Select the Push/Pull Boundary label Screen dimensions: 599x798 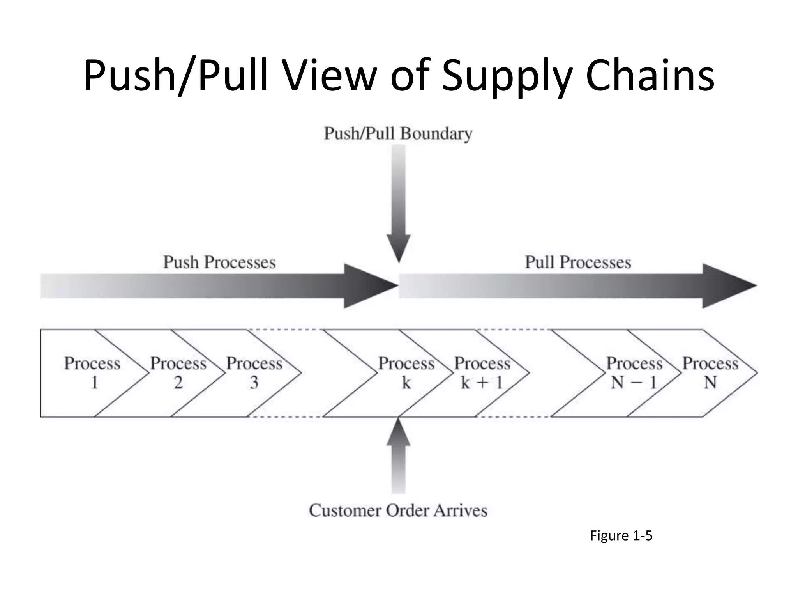tap(398, 133)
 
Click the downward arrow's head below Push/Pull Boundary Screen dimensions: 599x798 tap(398, 247)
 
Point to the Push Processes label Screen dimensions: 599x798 tap(219, 262)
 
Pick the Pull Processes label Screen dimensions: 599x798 tap(578, 262)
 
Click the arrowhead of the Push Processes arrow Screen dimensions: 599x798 tap(368, 286)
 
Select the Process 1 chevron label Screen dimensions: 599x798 tap(92, 373)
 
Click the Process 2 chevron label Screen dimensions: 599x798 tap(178, 373)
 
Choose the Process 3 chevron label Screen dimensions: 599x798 tap(254, 373)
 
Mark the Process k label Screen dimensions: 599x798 tap(406, 373)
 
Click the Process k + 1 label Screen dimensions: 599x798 tap(482, 373)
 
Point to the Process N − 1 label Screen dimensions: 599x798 tap(634, 373)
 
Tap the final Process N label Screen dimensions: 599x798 tap(710, 373)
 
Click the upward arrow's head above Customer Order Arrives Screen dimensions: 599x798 tap(398, 433)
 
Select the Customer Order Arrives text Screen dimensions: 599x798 tap(398, 510)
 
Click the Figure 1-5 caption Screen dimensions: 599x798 tap(621, 536)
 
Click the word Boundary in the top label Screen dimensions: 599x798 tap(436, 133)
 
